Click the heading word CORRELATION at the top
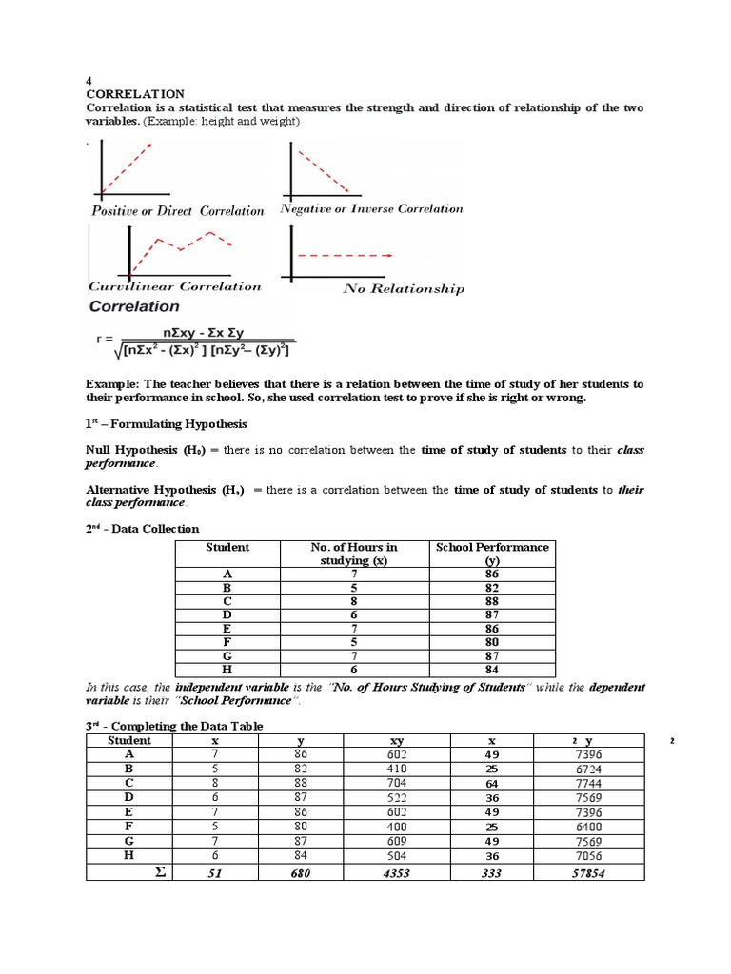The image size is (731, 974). pos(135,94)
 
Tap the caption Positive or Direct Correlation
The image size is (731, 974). pos(177,211)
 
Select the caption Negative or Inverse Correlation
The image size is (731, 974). pos(371,208)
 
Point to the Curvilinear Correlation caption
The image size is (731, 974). pos(174,286)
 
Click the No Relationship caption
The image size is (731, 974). pos(404,289)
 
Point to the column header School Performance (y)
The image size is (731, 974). pos(491,554)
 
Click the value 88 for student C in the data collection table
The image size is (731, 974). pos(491,602)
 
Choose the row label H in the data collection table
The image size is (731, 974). pos(227,670)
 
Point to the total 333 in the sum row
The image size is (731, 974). pos(492,873)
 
